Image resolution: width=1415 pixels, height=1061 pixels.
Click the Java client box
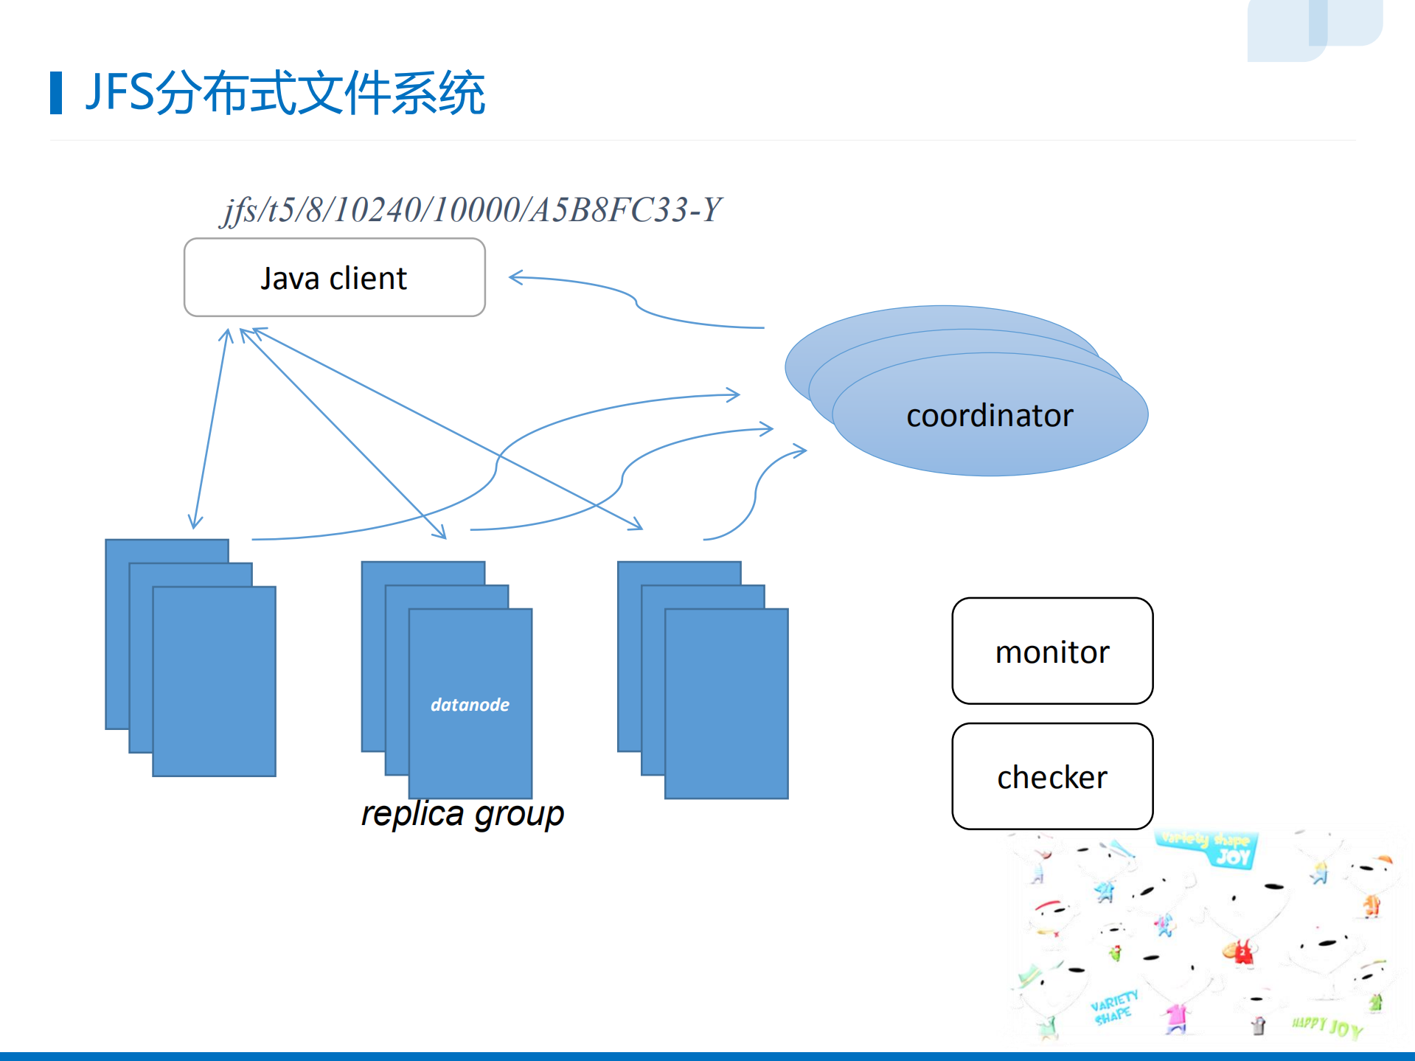[334, 278]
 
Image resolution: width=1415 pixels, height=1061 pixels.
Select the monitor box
[1052, 652]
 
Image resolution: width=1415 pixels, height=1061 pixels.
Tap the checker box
[1052, 777]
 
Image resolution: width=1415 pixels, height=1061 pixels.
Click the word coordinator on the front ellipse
[990, 416]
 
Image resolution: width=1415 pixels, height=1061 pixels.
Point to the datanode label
[470, 705]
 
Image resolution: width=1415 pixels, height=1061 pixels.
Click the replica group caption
[462, 814]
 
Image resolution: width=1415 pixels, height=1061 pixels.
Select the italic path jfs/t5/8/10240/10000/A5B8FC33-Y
[472, 210]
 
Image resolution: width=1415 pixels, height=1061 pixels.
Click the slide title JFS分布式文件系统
[285, 93]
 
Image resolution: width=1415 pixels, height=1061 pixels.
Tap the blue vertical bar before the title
[56, 93]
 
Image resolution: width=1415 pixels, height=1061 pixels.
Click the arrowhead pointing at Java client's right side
[513, 278]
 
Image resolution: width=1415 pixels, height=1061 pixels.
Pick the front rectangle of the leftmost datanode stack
[214, 682]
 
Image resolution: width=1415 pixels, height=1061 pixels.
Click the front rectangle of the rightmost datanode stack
[726, 704]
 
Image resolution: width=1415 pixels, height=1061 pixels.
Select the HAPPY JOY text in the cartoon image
[1327, 1026]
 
